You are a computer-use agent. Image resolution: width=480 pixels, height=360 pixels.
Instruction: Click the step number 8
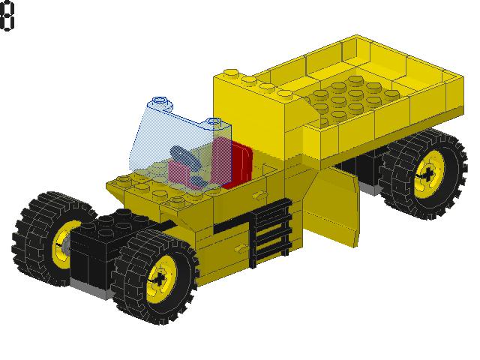pos(7,16)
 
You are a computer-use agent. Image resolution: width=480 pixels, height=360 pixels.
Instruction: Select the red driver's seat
pos(234,161)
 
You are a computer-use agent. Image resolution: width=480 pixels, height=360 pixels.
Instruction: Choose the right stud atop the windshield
pos(214,121)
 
